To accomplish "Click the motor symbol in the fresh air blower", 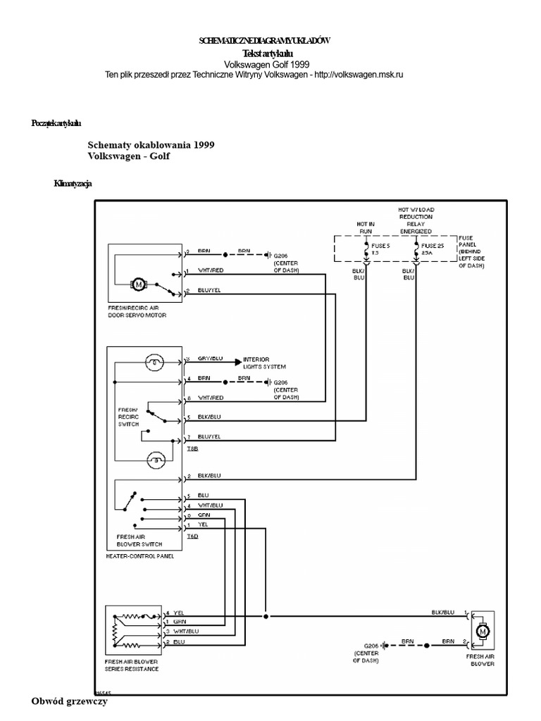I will [x=483, y=632].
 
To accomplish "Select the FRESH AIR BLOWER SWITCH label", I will [x=139, y=540].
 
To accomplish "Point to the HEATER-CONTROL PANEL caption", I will [x=139, y=556].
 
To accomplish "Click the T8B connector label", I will [x=192, y=448].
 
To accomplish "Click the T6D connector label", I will [x=192, y=537].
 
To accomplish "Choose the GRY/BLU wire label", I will [x=209, y=359].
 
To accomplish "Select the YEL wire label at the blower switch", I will [x=204, y=525].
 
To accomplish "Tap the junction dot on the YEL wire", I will [x=266, y=615].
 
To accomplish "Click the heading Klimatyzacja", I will [x=73, y=184].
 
